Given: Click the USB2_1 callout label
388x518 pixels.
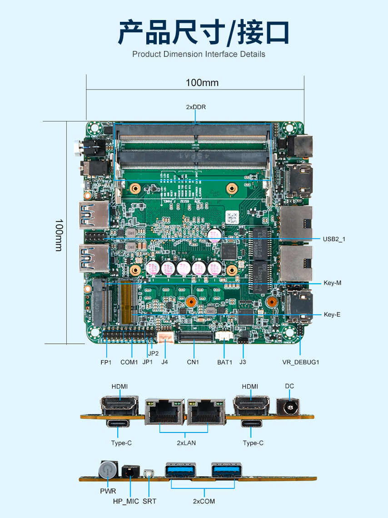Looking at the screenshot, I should [334, 239].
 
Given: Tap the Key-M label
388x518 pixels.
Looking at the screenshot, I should [332, 283].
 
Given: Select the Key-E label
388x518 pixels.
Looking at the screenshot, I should [332, 314].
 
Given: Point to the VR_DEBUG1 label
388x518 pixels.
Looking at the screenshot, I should [301, 362].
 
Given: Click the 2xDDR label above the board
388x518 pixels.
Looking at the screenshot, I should [196, 107].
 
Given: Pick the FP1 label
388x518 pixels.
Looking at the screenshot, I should [106, 362].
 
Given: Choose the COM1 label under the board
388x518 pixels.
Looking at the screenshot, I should [129, 362].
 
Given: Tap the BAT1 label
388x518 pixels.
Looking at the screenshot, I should [224, 362].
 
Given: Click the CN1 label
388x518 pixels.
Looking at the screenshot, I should [193, 362].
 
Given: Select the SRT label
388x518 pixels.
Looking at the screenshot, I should [149, 501].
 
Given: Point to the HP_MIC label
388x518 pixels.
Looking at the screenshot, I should [126, 501].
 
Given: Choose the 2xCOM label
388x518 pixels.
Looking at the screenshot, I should [204, 501].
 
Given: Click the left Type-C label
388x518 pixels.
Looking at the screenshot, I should [121, 443].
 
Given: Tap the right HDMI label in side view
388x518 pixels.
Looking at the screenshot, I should [250, 386].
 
